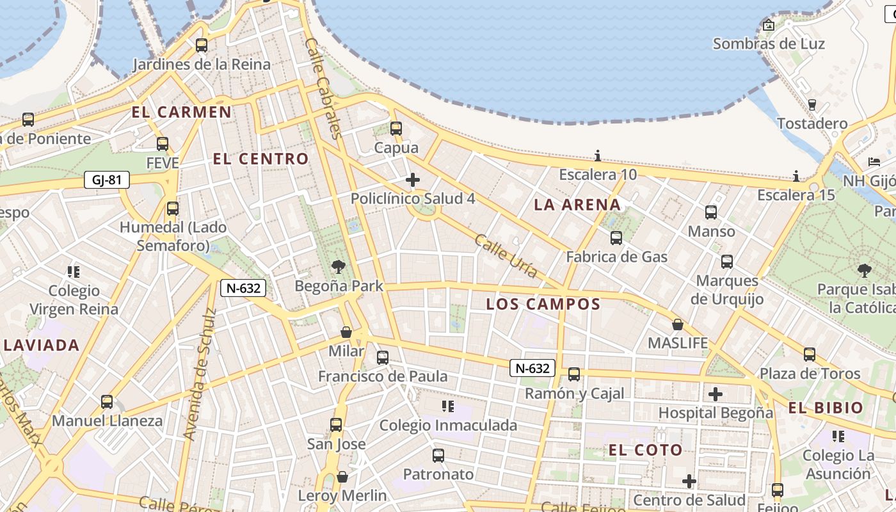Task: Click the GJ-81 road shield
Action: [106, 180]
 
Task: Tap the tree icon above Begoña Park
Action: [339, 266]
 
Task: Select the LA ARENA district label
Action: [577, 205]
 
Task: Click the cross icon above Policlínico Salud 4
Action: [413, 180]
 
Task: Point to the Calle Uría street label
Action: [506, 255]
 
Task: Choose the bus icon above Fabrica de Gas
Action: [616, 238]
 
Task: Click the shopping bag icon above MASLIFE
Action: [678, 324]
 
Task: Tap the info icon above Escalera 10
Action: [598, 156]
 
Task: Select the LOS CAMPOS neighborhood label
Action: [543, 304]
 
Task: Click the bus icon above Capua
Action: [396, 129]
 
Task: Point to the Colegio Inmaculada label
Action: [448, 425]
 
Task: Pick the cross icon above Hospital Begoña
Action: [716, 394]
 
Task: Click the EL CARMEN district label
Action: [182, 112]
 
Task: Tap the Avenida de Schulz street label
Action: [200, 375]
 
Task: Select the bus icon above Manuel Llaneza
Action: [107, 402]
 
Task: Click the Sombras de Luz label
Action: [769, 44]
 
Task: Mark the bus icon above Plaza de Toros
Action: [810, 354]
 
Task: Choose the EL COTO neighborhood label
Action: [646, 450]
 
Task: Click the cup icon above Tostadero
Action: [812, 104]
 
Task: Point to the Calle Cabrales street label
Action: [324, 88]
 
